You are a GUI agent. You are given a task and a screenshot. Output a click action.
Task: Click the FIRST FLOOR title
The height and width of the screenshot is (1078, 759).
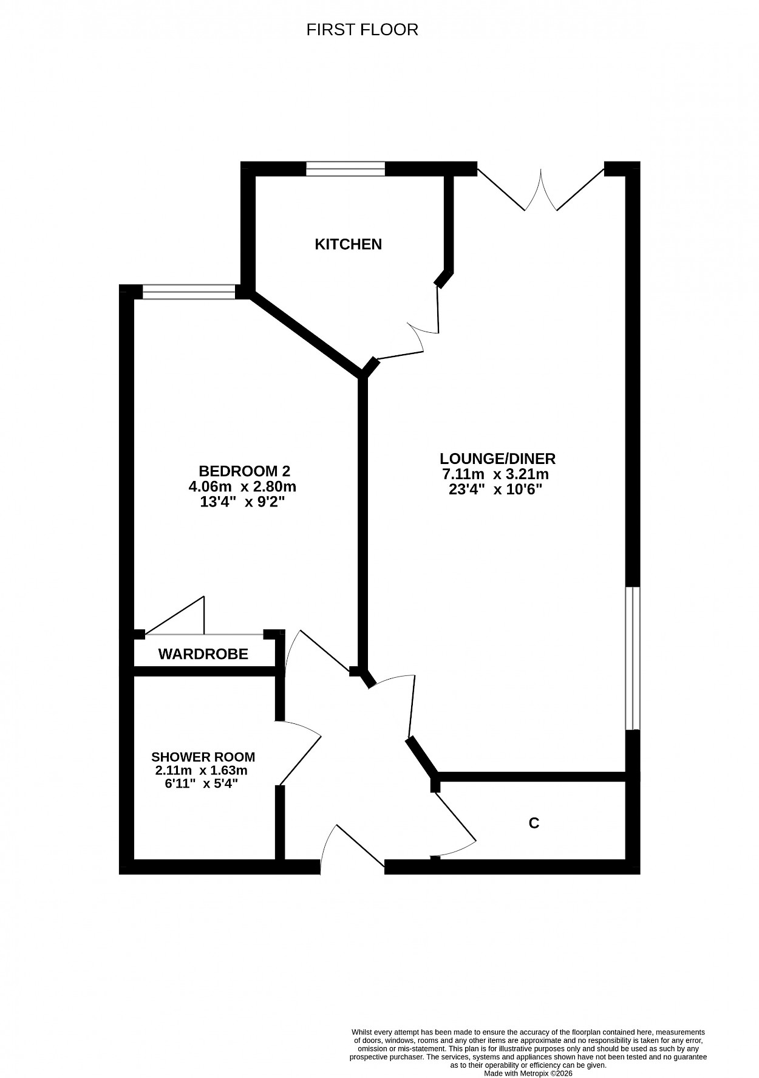362,30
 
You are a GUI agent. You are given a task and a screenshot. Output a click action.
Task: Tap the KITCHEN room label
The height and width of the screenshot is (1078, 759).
348,244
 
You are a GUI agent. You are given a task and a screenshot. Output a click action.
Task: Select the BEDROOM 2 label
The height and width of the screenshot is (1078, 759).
245,471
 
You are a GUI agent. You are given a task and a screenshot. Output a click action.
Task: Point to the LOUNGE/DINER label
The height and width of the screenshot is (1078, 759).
498,459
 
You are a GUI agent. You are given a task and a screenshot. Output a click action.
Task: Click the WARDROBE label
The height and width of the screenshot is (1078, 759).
203,654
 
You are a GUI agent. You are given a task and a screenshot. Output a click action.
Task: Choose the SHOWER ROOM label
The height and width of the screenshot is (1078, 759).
203,757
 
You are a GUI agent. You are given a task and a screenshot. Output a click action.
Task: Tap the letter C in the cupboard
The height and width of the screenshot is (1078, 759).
534,823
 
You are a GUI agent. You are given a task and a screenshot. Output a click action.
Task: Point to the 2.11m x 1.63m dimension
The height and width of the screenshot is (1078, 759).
202,770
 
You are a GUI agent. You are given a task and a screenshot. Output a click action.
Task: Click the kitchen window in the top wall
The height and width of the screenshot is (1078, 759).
345,168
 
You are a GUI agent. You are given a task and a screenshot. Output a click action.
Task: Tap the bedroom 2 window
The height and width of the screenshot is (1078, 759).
188,292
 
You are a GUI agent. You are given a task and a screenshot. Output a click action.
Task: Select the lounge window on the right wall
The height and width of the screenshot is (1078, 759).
633,658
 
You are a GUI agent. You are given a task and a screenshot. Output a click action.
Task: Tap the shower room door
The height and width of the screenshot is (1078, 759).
299,752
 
